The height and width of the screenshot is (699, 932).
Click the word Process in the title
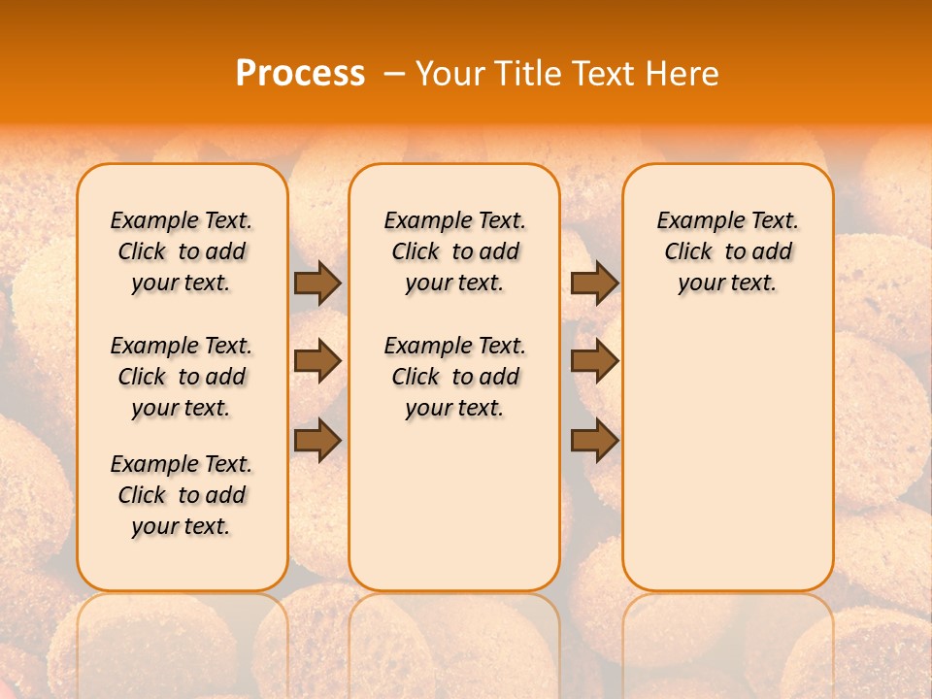[300, 74]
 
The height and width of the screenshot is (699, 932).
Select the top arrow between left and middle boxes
[317, 283]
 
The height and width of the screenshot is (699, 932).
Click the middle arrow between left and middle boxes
[317, 361]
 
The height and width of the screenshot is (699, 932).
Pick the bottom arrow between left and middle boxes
[317, 440]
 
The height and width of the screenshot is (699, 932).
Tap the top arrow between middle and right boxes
[594, 283]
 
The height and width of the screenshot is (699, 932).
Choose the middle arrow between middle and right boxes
[594, 361]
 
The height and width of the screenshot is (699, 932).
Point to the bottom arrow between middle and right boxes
[594, 440]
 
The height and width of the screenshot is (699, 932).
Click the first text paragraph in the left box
[182, 251]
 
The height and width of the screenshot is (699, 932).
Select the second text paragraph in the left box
[182, 377]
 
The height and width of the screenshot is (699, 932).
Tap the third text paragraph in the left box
[182, 495]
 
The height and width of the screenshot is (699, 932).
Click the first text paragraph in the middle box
[454, 251]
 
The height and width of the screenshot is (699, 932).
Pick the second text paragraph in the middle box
[454, 377]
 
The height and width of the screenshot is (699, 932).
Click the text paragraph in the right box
[727, 251]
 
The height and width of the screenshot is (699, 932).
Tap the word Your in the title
[450, 74]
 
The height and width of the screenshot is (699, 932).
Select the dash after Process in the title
[394, 74]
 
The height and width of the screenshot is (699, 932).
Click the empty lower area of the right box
[727, 466]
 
